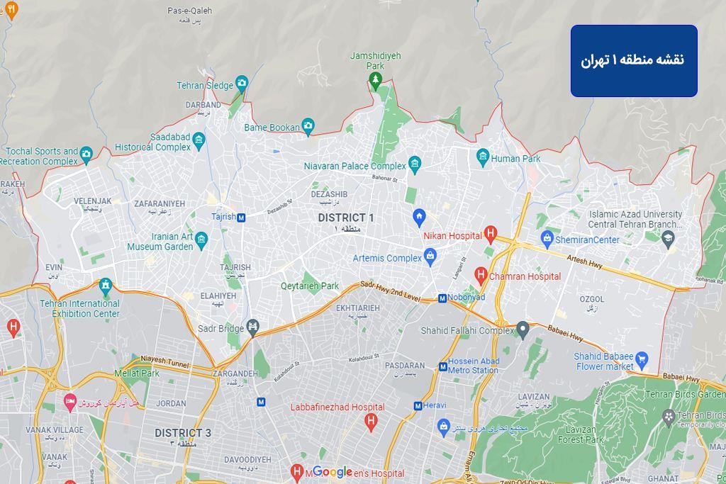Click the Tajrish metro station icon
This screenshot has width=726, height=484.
[241, 218]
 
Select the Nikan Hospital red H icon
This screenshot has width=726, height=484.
[490, 235]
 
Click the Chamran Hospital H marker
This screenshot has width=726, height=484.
[481, 276]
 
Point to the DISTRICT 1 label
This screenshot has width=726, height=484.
[346, 218]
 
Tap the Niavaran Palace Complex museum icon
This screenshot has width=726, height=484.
[415, 166]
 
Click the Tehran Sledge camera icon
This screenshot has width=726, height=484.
[242, 85]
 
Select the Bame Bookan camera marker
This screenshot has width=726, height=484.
[308, 128]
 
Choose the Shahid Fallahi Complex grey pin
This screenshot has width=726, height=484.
[523, 330]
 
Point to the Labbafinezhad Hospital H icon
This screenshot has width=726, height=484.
[369, 422]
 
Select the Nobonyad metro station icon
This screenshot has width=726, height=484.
[442, 298]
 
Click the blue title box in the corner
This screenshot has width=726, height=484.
[634, 60]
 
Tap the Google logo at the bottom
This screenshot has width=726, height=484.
[333, 472]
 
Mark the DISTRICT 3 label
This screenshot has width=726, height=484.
[183, 433]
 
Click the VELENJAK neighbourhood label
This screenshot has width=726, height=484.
[93, 201]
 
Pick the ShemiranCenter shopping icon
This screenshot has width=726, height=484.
[547, 240]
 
